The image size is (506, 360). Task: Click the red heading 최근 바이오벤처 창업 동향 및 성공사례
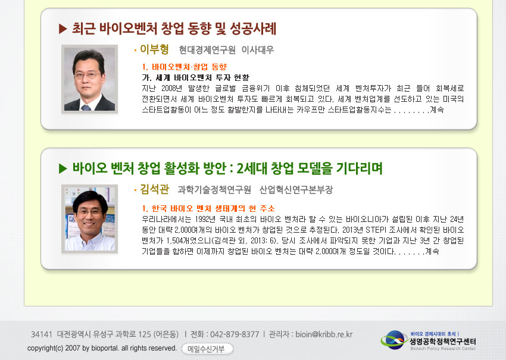coord(174,29)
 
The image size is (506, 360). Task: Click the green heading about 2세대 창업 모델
coord(227,168)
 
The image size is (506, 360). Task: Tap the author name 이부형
coord(154,49)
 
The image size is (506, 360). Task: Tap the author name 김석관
coord(154,189)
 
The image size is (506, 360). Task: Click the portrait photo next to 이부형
coord(89,79)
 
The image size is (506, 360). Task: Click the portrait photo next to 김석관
coord(89,219)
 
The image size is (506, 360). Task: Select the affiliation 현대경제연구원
coord(207,50)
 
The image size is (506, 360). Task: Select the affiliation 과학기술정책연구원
coord(214,190)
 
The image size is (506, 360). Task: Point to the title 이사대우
coord(258,50)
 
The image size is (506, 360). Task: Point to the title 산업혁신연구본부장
coord(296,190)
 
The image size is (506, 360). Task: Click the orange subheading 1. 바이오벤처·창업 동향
coord(185,67)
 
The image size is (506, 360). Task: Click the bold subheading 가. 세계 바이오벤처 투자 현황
coord(196,77)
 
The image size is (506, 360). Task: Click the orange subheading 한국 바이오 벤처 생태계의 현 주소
coord(213,208)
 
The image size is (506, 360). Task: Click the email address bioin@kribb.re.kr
coord(324,334)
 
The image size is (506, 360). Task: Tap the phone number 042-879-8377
coord(235,334)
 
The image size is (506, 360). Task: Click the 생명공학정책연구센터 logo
coord(428,340)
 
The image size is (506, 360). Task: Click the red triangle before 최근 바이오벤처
coord(63,29)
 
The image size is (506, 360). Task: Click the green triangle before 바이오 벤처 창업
coord(63,168)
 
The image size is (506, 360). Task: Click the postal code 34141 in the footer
coord(41,334)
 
